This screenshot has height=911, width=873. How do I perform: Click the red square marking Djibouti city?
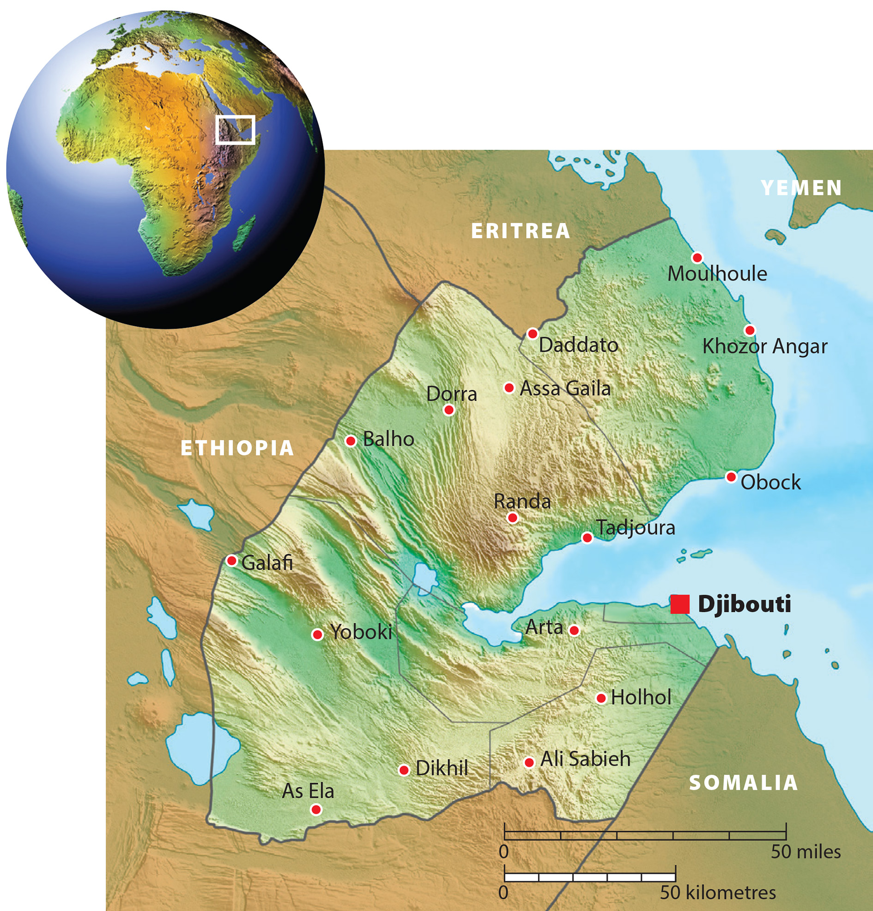click(679, 604)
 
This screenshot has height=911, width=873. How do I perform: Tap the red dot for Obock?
click(731, 477)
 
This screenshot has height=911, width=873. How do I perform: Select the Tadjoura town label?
click(636, 528)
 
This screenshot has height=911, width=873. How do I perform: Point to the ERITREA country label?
click(521, 231)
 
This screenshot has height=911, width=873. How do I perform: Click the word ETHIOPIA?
click(237, 448)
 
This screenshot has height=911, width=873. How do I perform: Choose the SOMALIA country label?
click(743, 783)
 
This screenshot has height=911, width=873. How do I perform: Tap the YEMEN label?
click(801, 188)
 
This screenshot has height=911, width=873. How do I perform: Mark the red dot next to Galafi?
click(231, 561)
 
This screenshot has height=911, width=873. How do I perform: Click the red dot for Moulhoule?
click(697, 258)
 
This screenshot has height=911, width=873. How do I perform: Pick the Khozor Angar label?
click(765, 347)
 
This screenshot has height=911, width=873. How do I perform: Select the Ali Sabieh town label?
click(585, 759)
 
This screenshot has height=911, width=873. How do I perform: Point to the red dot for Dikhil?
click(404, 770)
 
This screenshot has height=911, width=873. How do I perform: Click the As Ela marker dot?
click(316, 810)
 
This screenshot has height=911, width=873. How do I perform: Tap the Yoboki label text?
click(361, 632)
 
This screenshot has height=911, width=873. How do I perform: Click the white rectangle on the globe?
click(236, 130)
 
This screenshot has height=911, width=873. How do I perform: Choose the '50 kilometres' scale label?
click(718, 893)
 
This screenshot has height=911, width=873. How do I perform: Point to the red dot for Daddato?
click(533, 334)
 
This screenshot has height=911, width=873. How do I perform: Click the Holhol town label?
click(641, 698)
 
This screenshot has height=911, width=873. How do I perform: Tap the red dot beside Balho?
click(351, 440)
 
